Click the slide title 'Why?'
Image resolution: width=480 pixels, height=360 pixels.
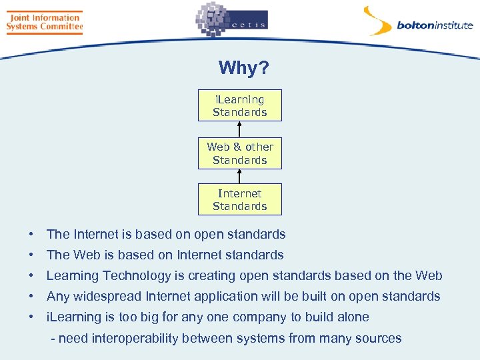pyautogui.click(x=243, y=68)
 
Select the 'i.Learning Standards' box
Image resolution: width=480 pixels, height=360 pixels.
pyautogui.click(x=239, y=105)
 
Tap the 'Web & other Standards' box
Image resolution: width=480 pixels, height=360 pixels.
pyautogui.click(x=239, y=153)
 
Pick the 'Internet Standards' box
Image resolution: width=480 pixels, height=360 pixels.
pyautogui.click(x=239, y=199)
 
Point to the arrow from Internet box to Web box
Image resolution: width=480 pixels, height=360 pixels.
pyautogui.click(x=239, y=176)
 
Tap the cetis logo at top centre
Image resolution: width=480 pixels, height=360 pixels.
pyautogui.click(x=231, y=20)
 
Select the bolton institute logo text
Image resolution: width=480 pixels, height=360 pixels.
pyautogui.click(x=434, y=26)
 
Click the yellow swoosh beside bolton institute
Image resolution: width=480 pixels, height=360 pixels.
pyautogui.click(x=377, y=21)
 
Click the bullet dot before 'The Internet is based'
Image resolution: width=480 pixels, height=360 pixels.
pyautogui.click(x=31, y=235)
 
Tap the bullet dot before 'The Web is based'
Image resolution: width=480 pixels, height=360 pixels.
pyautogui.click(x=31, y=255)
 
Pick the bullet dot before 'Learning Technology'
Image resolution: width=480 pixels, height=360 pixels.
pyautogui.click(x=31, y=276)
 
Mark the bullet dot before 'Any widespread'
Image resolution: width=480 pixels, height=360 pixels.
pyautogui.click(x=31, y=297)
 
